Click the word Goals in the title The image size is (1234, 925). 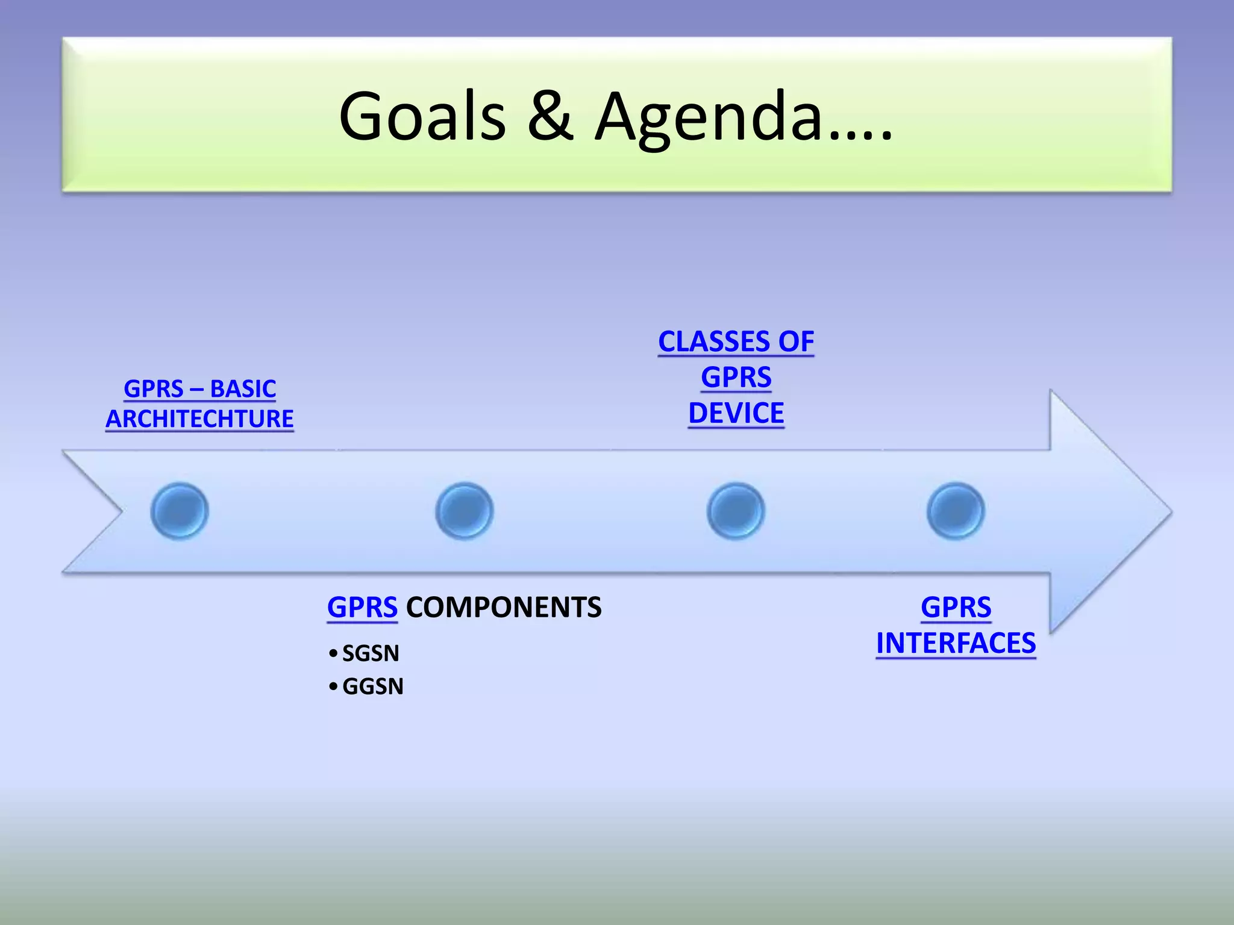[x=422, y=116]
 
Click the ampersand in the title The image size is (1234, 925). [x=550, y=116]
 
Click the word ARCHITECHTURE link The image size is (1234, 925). [x=199, y=419]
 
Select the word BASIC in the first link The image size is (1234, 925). [x=243, y=389]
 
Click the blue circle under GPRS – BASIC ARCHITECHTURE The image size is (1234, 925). [x=180, y=511]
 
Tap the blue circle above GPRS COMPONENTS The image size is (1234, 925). [x=464, y=511]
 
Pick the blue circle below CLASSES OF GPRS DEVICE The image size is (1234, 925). [x=736, y=511]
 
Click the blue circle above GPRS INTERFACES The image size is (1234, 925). [x=956, y=511]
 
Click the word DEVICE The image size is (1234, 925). [x=736, y=414]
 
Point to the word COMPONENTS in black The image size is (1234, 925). [x=504, y=607]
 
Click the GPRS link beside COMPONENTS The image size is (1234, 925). [x=362, y=607]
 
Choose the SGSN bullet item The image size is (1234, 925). [x=370, y=653]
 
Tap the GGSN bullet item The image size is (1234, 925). [x=372, y=687]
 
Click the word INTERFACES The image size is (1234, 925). [x=956, y=643]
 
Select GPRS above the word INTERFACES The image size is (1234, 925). [x=956, y=607]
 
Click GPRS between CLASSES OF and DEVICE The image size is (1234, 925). [x=736, y=378]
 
